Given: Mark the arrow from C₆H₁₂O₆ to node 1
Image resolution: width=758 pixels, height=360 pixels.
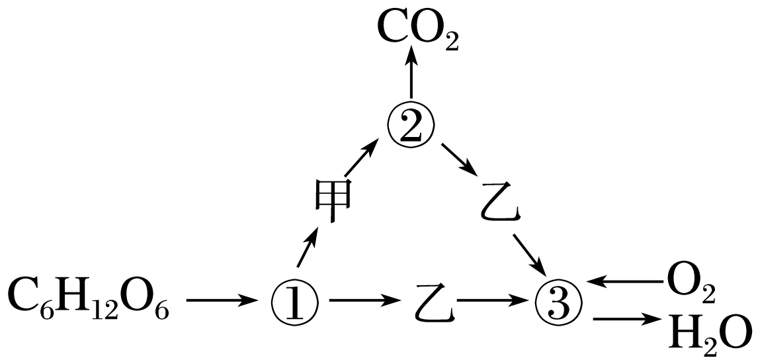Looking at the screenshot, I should click(222, 302).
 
